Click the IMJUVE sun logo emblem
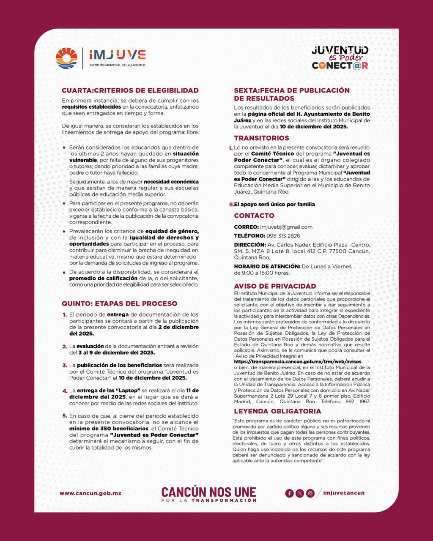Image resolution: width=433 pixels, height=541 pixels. (67, 58)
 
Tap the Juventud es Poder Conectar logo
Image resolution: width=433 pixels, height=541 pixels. (340, 57)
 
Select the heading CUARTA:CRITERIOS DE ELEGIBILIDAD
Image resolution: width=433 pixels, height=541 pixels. (130, 90)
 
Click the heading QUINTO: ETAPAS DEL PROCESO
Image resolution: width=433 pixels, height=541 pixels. (119, 303)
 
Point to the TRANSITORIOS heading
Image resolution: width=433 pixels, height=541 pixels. (261, 138)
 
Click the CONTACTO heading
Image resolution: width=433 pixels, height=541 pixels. (254, 216)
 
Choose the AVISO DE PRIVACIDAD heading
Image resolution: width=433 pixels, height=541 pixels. (275, 286)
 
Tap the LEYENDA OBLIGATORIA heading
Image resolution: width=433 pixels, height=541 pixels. (277, 411)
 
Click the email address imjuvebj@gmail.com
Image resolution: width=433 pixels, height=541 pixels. (286, 227)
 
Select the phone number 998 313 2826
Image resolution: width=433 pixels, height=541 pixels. (283, 236)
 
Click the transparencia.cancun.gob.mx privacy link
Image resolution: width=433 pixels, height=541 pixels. (298, 362)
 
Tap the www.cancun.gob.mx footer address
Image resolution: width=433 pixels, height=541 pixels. (90, 493)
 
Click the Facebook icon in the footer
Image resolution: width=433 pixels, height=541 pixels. (289, 493)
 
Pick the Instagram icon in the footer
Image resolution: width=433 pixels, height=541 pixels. (310, 493)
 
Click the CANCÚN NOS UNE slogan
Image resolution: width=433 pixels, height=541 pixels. (209, 492)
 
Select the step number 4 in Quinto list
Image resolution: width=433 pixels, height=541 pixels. (65, 391)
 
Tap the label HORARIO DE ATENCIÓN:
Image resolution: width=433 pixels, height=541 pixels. (267, 266)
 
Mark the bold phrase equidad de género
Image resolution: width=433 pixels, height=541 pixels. (172, 231)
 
